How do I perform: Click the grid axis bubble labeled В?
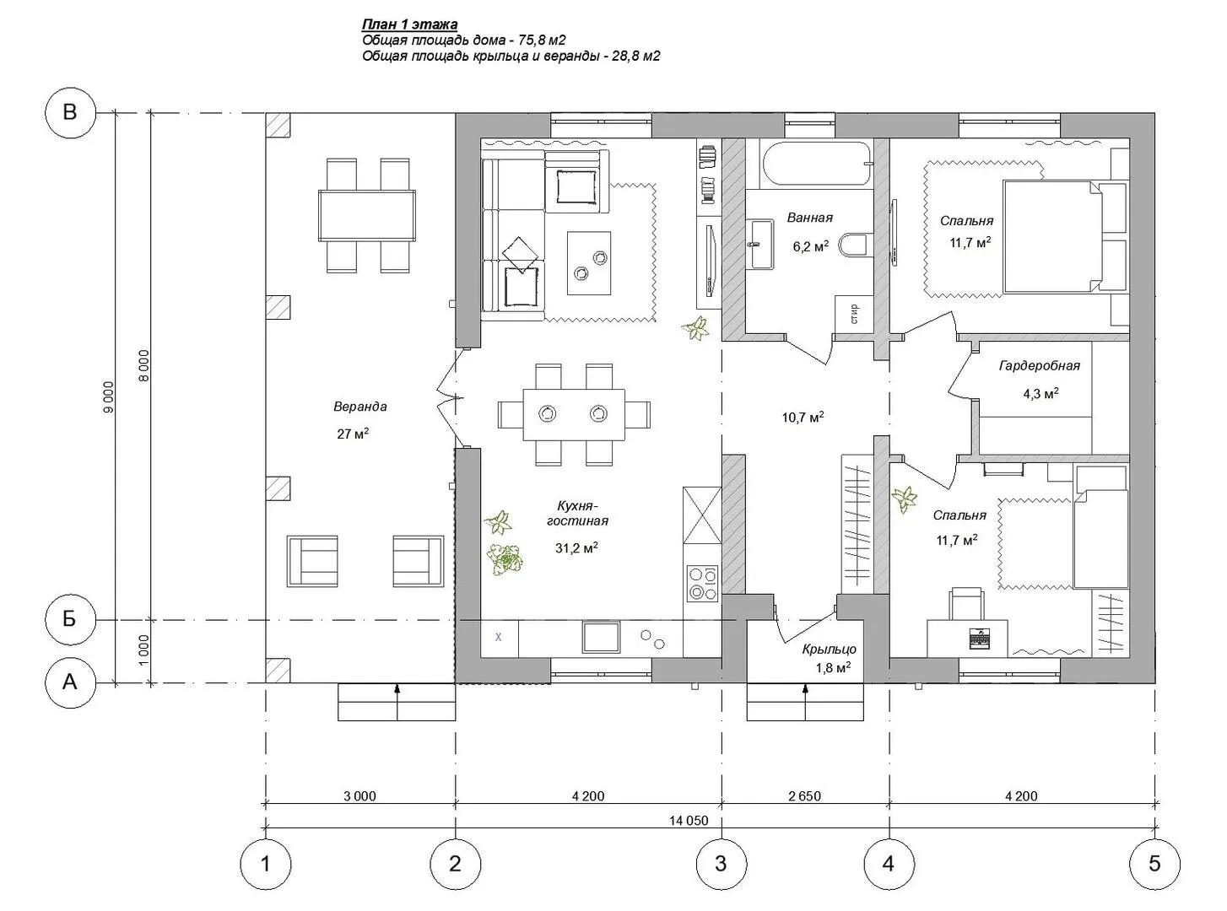click(x=70, y=112)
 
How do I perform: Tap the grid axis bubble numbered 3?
click(x=721, y=864)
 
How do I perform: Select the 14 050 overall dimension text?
click(x=688, y=820)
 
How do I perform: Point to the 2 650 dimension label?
click(x=804, y=796)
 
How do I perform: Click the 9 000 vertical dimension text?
click(x=108, y=396)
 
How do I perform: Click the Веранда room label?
click(x=360, y=407)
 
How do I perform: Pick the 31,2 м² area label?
click(x=576, y=547)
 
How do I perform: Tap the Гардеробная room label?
click(x=1040, y=365)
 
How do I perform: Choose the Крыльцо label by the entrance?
click(x=830, y=649)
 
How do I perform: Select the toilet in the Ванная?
click(x=855, y=245)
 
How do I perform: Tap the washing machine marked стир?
click(x=854, y=314)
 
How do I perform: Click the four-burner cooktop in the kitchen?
click(x=702, y=583)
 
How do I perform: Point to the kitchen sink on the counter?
click(x=602, y=637)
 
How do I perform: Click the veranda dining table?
click(x=367, y=216)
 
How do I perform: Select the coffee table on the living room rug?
click(x=589, y=263)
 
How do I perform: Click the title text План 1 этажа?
click(x=410, y=24)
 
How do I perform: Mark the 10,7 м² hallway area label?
click(x=803, y=417)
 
